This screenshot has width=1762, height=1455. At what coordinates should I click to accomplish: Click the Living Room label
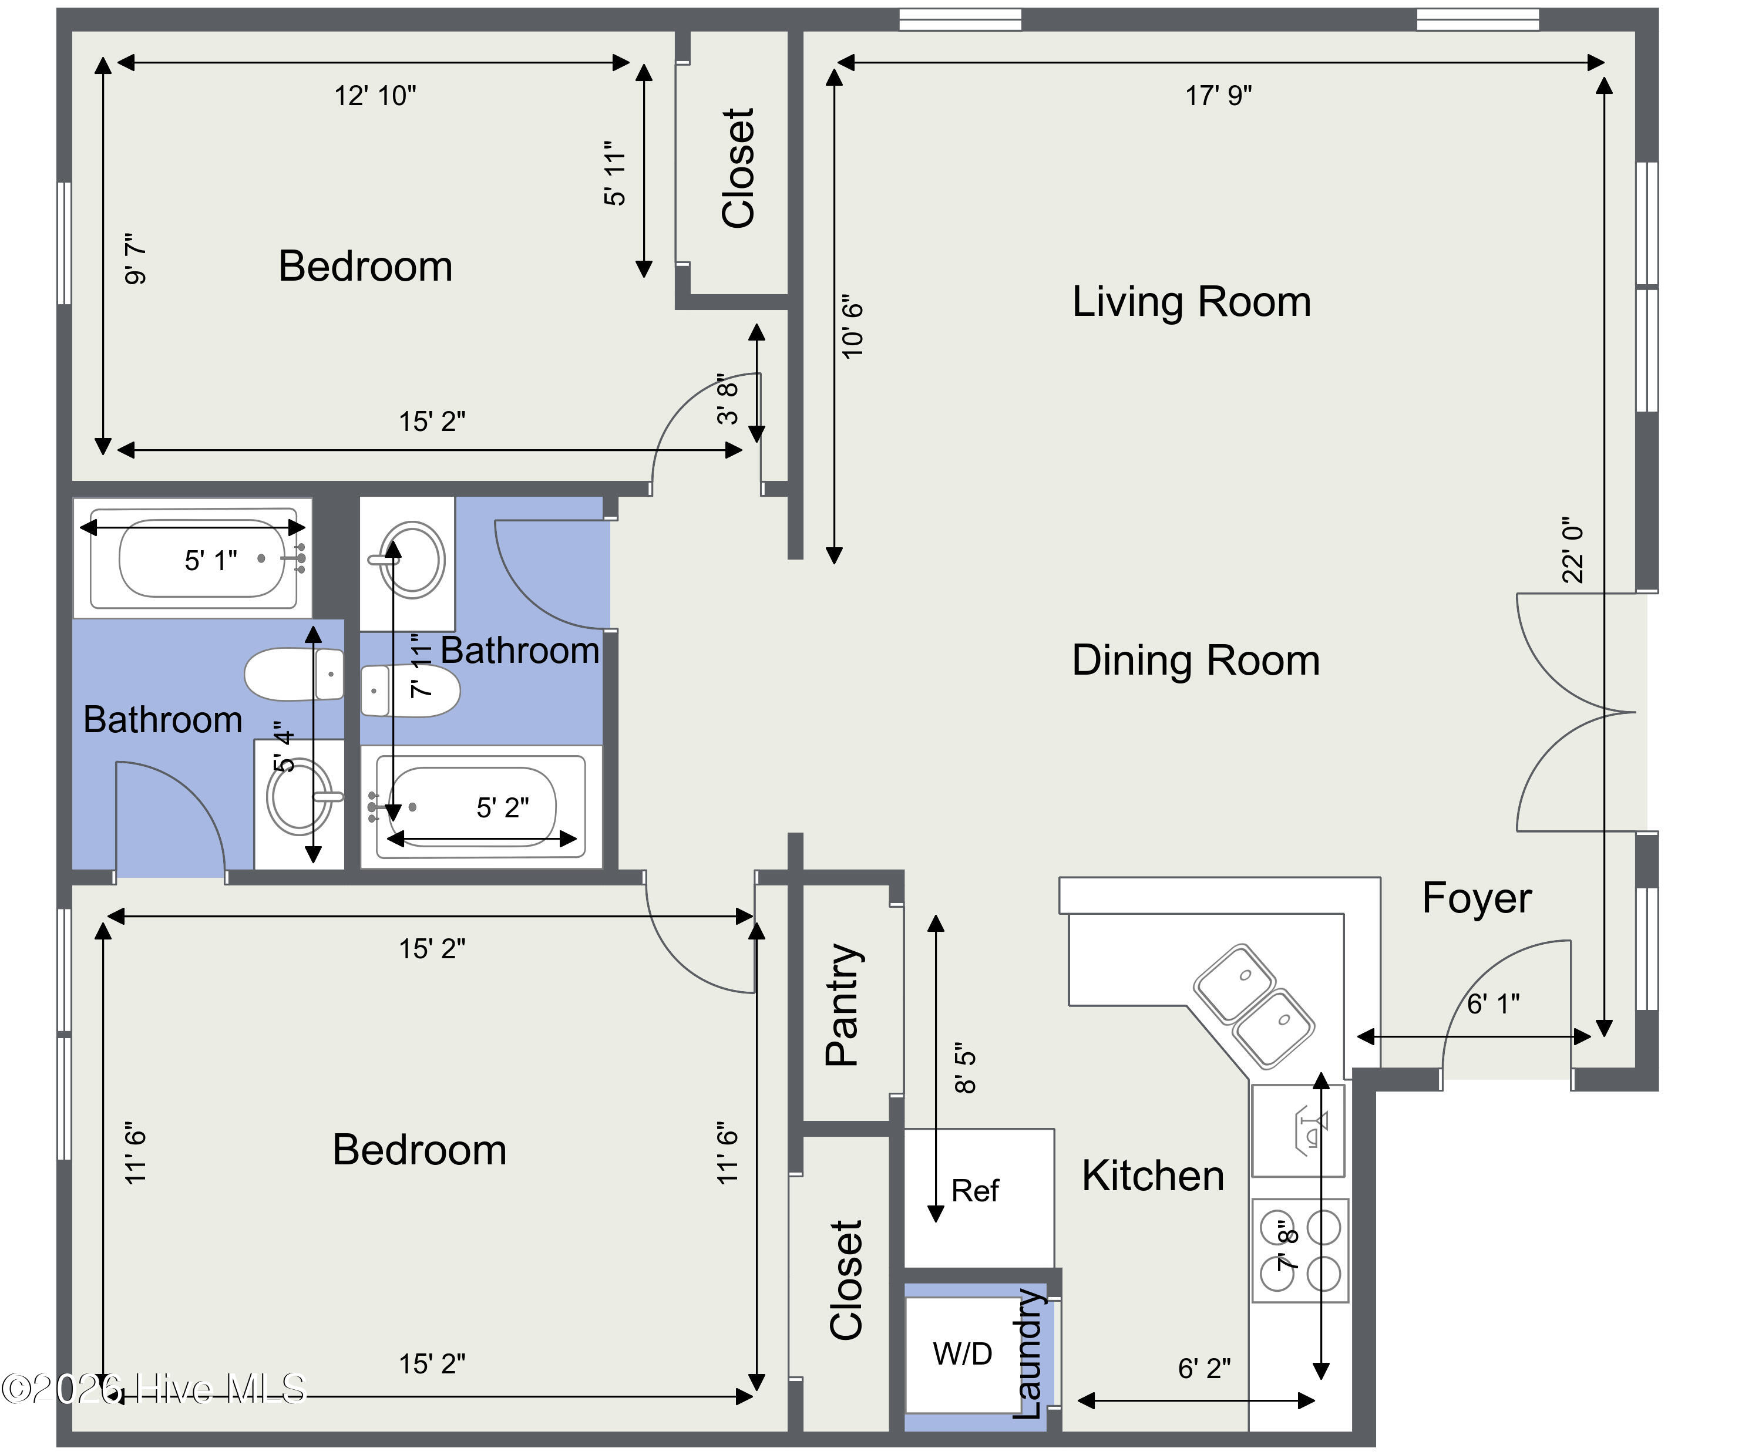[x=1191, y=302]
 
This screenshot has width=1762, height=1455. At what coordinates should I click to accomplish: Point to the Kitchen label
[x=1152, y=1176]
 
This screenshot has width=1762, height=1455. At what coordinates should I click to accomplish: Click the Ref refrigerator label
[x=975, y=1190]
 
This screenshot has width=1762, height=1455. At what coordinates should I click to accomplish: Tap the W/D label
[x=962, y=1353]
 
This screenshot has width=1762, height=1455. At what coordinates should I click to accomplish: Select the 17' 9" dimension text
[x=1218, y=96]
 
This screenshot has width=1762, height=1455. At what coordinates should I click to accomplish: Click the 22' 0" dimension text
[x=1572, y=550]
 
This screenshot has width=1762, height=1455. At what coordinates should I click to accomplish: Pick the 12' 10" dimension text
[x=375, y=96]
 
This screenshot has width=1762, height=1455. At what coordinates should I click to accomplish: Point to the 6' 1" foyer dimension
[x=1493, y=1003]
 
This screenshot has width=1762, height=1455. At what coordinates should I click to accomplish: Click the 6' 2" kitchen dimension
[x=1203, y=1369]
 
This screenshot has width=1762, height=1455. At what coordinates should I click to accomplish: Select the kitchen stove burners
[x=1300, y=1251]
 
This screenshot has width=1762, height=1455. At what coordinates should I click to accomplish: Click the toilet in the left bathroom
[x=294, y=674]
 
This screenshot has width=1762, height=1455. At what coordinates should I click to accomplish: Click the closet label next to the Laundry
[x=845, y=1280]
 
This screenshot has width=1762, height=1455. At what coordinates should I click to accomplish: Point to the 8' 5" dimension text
[x=965, y=1069]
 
